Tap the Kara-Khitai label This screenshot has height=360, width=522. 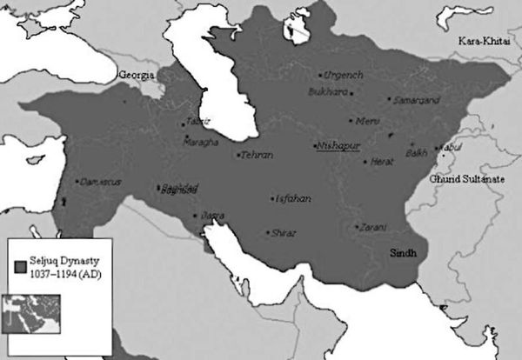click(485, 42)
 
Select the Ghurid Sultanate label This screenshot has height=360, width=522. click(468, 177)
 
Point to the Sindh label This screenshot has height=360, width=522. click(403, 252)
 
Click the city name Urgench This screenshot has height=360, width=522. click(343, 76)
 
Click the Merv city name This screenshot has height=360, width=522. click(366, 121)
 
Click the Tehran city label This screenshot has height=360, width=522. click(257, 155)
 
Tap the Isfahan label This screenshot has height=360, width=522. click(293, 198)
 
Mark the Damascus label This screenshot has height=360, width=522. click(97, 182)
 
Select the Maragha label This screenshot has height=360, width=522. click(202, 142)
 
